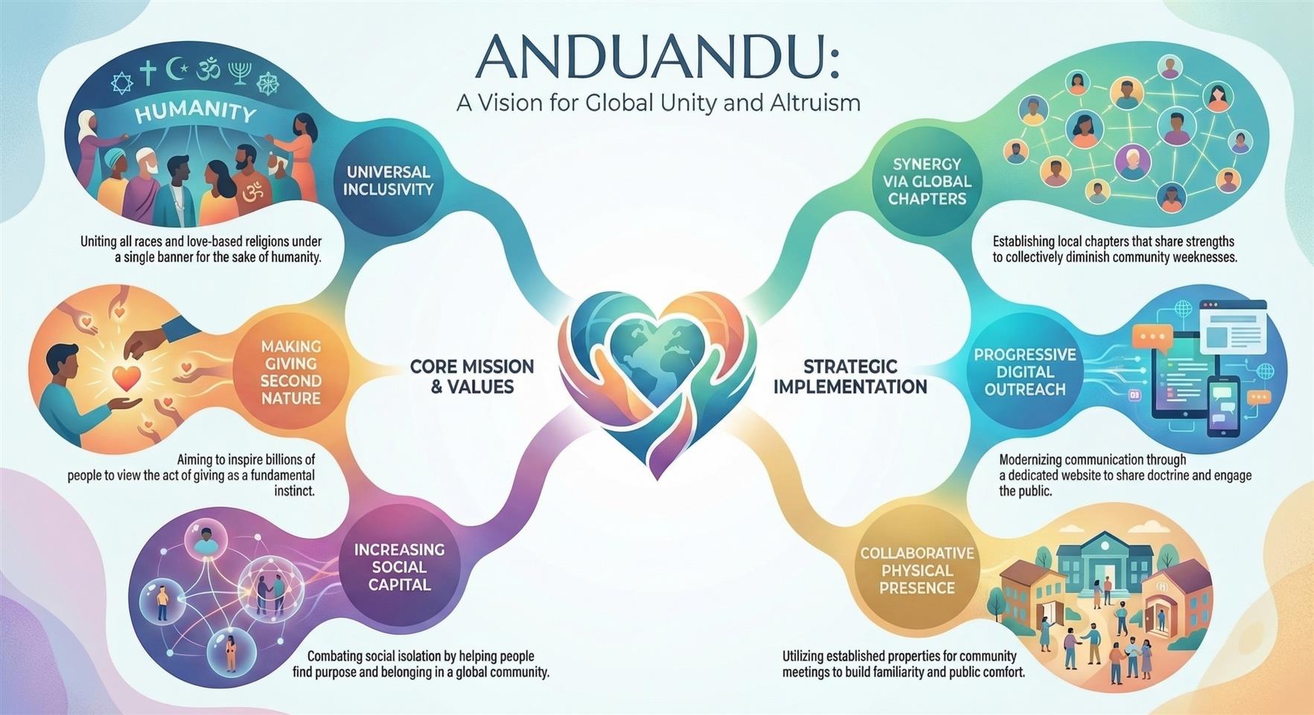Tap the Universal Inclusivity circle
(x=388, y=180)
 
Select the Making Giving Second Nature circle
(x=291, y=372)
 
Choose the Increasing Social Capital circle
(x=399, y=567)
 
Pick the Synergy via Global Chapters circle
(x=927, y=181)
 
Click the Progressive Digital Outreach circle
(x=1025, y=372)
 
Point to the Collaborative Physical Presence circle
(x=916, y=571)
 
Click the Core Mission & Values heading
(x=472, y=376)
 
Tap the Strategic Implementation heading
(x=850, y=376)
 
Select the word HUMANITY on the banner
(x=196, y=113)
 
